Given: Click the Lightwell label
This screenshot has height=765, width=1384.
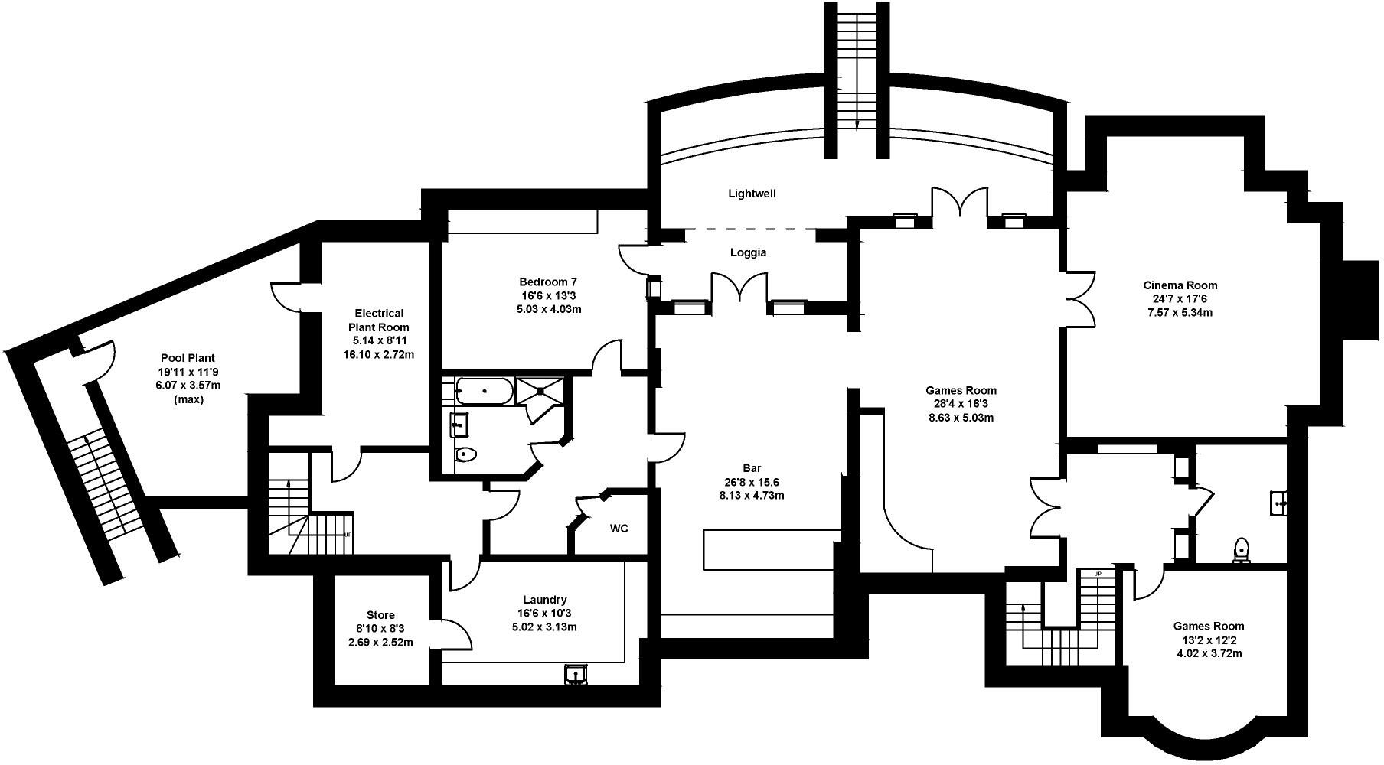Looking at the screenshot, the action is pos(752,194).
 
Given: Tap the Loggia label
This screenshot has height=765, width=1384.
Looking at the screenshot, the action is pos(748,252).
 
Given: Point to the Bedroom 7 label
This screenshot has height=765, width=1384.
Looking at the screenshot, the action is pos(547,281).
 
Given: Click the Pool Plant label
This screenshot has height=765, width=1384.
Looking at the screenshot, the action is pos(188,357).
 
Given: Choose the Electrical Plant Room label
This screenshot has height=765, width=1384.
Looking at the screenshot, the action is pos(379,320).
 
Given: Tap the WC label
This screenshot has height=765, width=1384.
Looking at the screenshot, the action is pos(619,529).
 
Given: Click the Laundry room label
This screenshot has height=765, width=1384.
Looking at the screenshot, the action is pos(545,600).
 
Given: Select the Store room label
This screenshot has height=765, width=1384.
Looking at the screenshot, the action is pos(380,615).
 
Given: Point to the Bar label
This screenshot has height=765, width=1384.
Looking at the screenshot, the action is pos(752,468).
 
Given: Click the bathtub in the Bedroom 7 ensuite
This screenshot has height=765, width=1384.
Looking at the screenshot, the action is pos(485,391).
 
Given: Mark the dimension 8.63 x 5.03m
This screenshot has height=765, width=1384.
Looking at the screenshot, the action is pos(961,418).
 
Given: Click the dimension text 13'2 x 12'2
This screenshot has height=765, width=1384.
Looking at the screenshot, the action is pos(1209,640).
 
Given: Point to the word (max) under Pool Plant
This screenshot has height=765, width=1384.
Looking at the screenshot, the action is pos(188,399).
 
